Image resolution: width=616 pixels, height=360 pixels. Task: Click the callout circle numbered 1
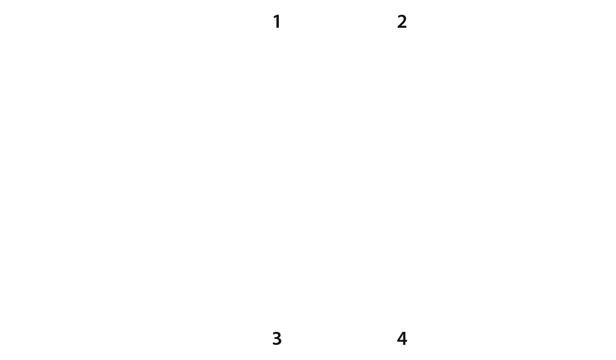pos(277,22)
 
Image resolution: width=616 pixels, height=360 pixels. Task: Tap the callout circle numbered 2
pos(402,22)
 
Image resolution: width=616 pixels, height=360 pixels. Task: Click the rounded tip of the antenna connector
pos(597,150)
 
